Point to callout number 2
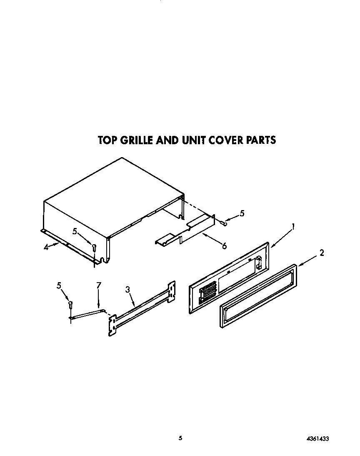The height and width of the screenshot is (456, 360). (321, 252)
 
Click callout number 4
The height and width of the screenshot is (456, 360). (46, 246)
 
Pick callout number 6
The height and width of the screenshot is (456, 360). (224, 246)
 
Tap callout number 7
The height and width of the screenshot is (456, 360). (99, 285)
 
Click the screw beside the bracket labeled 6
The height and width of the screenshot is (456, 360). (224, 223)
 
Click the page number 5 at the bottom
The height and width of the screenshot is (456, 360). (180, 438)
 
